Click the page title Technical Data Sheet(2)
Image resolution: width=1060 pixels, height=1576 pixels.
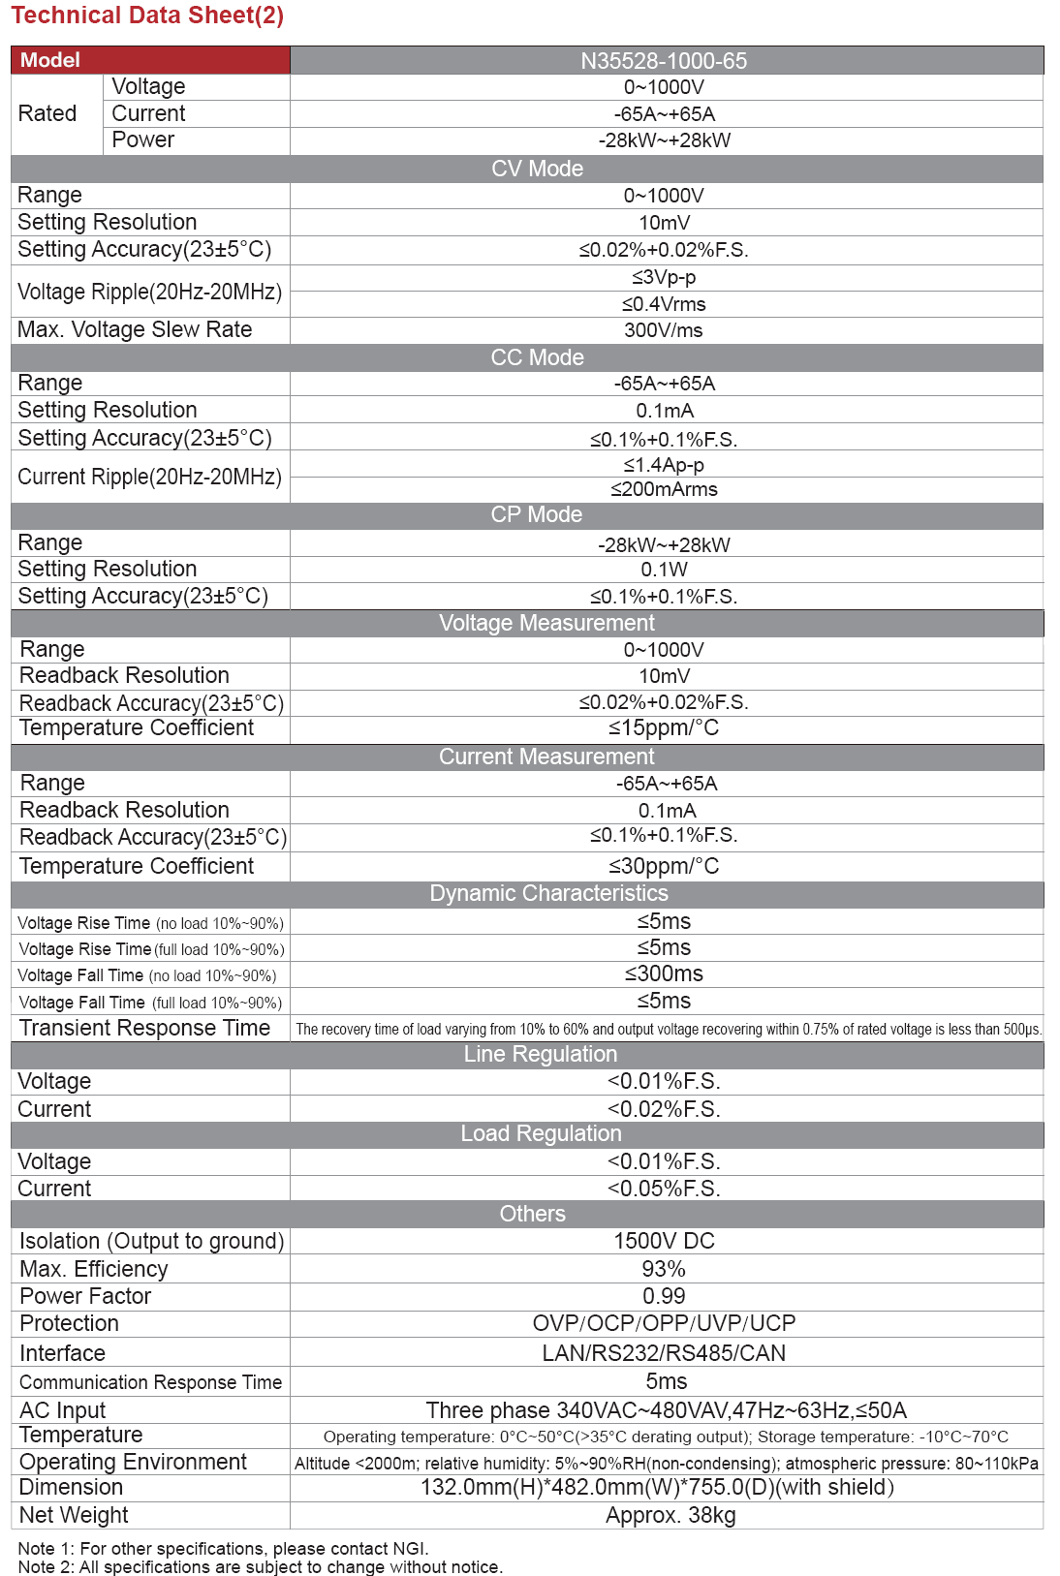click(x=147, y=15)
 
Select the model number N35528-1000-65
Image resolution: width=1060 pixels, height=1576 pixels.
click(x=664, y=61)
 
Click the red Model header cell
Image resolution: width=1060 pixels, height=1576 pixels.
click(x=150, y=60)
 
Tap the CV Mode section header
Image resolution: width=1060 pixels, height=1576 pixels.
click(x=537, y=169)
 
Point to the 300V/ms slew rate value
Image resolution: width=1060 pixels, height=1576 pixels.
click(x=664, y=330)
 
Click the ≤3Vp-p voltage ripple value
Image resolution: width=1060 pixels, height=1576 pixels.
click(x=664, y=278)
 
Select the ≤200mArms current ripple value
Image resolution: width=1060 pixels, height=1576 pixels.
click(x=664, y=490)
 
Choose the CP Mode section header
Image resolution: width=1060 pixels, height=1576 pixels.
click(x=536, y=514)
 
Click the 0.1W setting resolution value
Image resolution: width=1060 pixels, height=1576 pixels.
click(x=664, y=570)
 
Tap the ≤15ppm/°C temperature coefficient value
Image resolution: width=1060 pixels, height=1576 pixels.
click(x=664, y=728)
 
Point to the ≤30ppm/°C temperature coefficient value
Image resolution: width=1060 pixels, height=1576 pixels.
click(x=664, y=866)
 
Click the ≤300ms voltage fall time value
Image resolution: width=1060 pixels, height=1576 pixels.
click(x=664, y=974)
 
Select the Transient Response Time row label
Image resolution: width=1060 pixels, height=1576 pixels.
click(x=144, y=1029)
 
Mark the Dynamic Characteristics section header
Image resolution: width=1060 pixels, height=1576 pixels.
click(x=548, y=893)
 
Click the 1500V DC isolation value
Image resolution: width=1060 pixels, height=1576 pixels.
click(x=664, y=1242)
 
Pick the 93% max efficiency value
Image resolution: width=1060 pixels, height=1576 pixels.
click(x=664, y=1269)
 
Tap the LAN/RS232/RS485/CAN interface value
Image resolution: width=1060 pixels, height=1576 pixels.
click(x=664, y=1353)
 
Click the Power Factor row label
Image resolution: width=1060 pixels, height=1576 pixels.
click(x=85, y=1296)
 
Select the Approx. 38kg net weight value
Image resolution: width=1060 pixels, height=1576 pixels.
click(x=670, y=1516)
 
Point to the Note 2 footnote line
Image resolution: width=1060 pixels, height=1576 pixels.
click(x=260, y=1567)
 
